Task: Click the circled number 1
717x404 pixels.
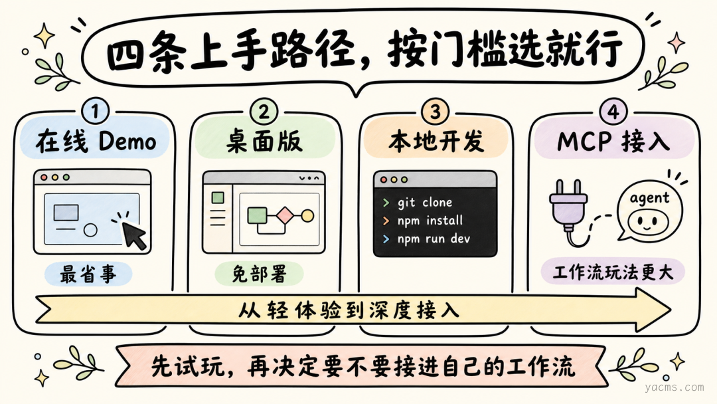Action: pos(96,111)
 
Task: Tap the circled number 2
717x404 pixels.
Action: pos(264,111)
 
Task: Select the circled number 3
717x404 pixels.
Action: pos(435,111)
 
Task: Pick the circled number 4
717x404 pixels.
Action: pos(613,111)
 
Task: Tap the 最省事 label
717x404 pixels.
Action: pos(88,274)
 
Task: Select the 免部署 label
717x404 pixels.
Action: pos(260,274)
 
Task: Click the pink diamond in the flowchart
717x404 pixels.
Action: pos(285,215)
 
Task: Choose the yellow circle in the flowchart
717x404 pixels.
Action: pos(307,215)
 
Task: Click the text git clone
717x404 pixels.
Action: pos(425,202)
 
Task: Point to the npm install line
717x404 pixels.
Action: pos(430,221)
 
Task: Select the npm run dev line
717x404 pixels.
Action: pos(434,239)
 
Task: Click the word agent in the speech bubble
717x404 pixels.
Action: pos(649,199)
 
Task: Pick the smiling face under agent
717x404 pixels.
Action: pos(645,223)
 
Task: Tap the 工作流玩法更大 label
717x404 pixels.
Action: pos(613,272)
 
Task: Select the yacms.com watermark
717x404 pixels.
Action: pos(675,387)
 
